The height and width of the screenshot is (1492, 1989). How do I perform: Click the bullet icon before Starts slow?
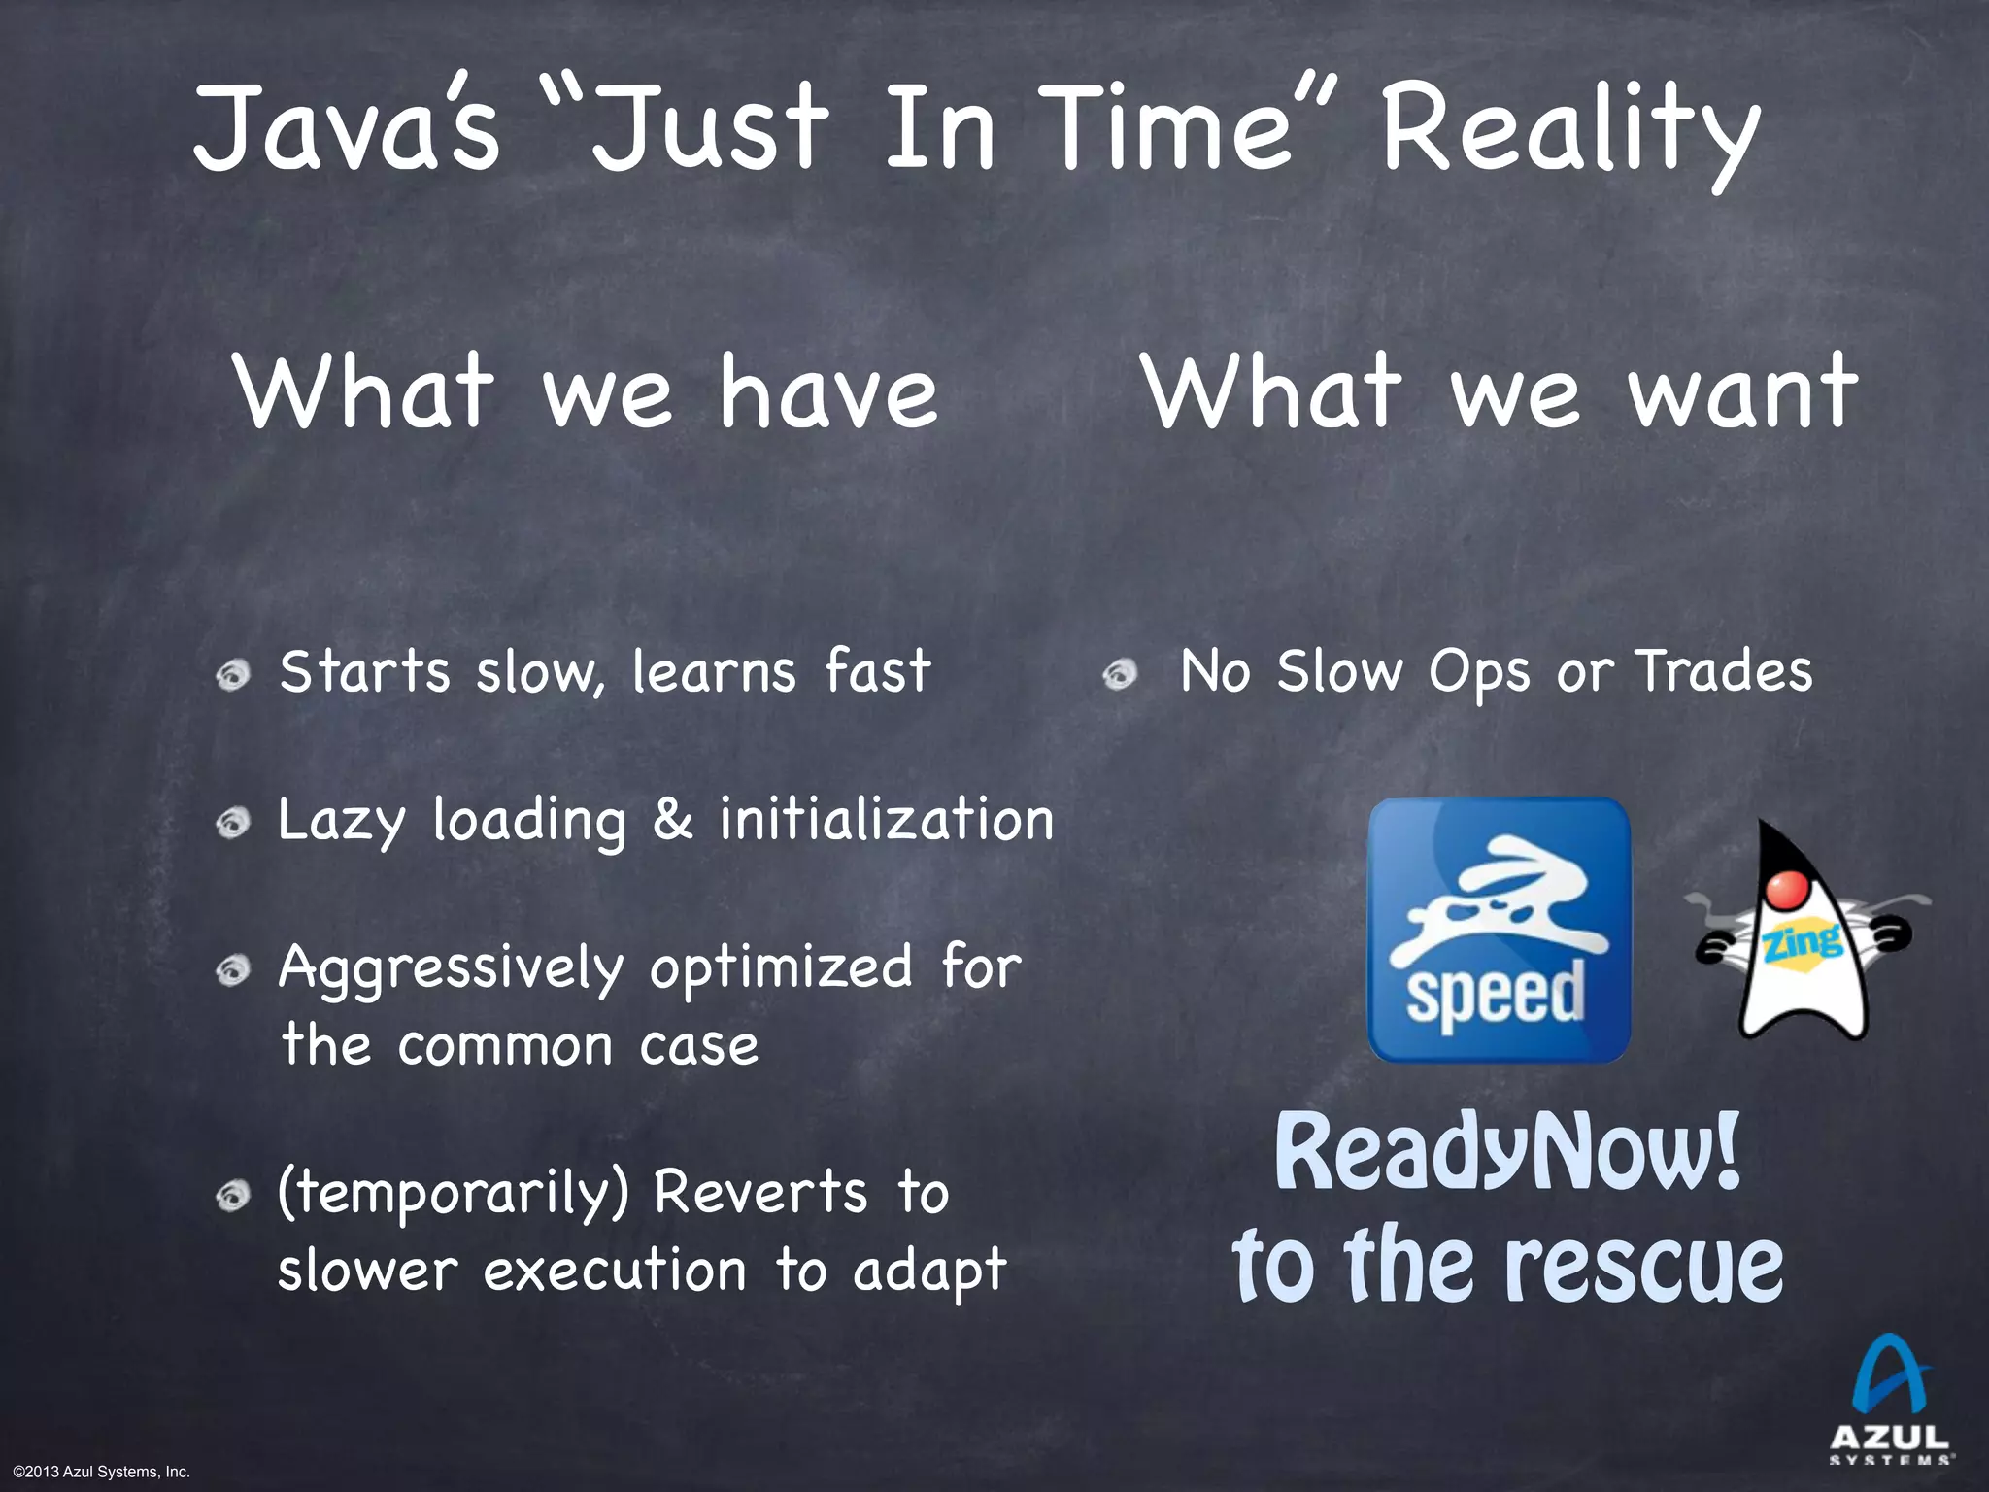(x=233, y=674)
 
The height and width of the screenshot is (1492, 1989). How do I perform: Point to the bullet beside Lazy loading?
(x=233, y=824)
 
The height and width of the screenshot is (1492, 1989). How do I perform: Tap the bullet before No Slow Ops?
(x=1120, y=673)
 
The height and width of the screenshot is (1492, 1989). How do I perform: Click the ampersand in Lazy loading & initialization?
(x=672, y=820)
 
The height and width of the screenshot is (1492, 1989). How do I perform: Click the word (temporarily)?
(x=454, y=1193)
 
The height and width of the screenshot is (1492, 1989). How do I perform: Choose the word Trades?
(x=1724, y=671)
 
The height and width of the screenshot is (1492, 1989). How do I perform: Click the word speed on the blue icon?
(x=1496, y=993)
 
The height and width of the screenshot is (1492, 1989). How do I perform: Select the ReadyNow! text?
(x=1506, y=1152)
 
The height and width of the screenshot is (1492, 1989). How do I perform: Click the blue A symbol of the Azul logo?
(x=1890, y=1375)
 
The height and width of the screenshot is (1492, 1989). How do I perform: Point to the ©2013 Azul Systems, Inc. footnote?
(x=102, y=1473)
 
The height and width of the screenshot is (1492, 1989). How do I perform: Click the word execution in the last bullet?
(x=615, y=1271)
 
